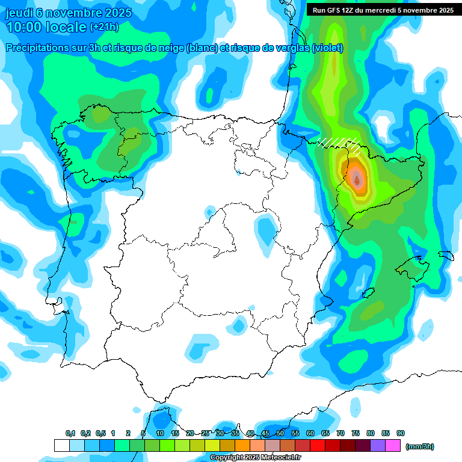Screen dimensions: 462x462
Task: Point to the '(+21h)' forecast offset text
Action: pos(104,27)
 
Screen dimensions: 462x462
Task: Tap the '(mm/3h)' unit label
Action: pos(420,446)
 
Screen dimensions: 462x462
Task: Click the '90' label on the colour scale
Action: pos(401,433)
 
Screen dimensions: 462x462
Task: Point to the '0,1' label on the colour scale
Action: pos(70,433)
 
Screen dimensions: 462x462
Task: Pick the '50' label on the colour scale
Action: pos(280,433)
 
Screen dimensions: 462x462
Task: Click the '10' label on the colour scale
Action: pos(160,433)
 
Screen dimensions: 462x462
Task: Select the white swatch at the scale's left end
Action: pos(61,446)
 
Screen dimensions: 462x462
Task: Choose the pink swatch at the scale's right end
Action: pos(393,446)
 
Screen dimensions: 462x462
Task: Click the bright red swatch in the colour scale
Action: pos(318,446)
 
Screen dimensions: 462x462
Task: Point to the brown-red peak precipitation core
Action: pos(357,179)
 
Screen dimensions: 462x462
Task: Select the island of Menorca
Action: pos(446,255)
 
